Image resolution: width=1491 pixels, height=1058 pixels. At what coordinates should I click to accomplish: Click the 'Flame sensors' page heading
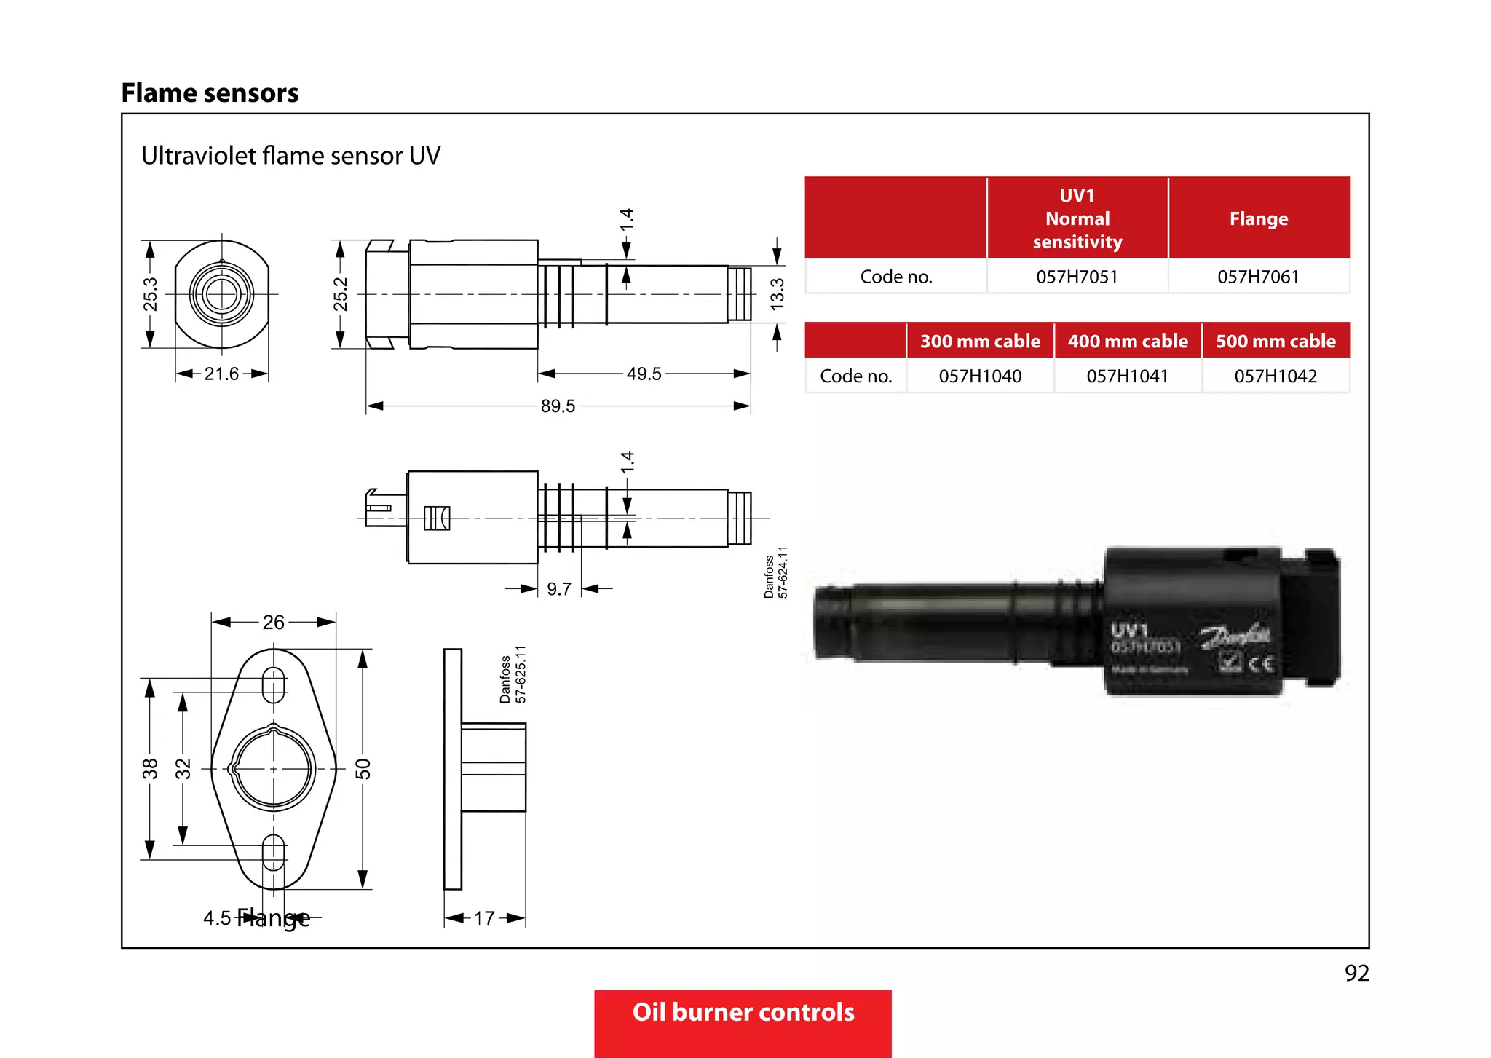click(210, 93)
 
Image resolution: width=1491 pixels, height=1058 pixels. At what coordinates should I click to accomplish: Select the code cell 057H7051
click(1077, 277)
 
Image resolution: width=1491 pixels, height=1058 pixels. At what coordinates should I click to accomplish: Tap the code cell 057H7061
click(1258, 277)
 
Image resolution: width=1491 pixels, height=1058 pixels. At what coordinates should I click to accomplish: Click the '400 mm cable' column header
click(1128, 341)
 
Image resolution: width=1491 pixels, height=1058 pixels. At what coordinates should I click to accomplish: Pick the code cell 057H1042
click(1276, 376)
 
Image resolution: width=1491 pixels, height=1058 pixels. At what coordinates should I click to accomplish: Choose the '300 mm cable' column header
click(980, 341)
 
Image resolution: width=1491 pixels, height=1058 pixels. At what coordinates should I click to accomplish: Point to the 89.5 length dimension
click(558, 406)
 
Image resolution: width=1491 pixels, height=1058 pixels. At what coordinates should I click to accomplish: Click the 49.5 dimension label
click(644, 374)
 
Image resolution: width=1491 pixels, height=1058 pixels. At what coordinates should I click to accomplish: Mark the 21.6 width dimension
click(221, 374)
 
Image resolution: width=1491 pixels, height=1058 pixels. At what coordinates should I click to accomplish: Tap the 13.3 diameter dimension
click(778, 293)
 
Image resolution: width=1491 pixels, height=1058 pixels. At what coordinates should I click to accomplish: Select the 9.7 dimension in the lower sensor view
click(559, 588)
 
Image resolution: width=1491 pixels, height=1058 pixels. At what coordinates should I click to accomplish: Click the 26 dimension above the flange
click(274, 622)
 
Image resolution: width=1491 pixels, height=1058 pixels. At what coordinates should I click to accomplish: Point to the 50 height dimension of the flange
click(363, 769)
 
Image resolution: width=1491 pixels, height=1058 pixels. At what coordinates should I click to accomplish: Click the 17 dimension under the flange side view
click(484, 918)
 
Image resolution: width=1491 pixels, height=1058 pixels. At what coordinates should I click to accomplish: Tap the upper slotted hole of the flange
click(273, 684)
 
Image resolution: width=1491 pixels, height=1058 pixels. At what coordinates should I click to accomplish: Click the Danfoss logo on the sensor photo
click(1235, 636)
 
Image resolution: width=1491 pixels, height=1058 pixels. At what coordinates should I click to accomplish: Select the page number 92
click(1356, 973)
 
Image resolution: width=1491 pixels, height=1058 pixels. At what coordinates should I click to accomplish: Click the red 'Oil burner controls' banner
click(743, 1014)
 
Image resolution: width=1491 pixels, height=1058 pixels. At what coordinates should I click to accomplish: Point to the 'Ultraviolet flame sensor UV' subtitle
click(290, 156)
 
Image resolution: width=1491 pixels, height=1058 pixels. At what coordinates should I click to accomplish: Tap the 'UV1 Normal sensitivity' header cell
click(1077, 218)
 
